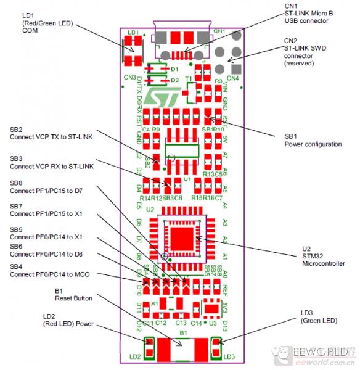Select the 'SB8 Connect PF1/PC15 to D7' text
pos(46,187)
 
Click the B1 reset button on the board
pos(182,350)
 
